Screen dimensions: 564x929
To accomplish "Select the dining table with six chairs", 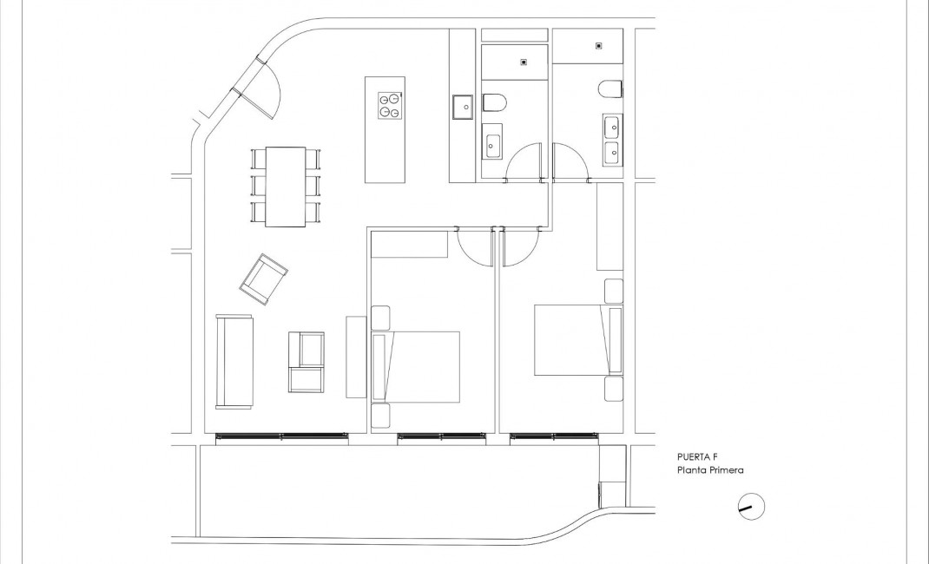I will click(286, 187).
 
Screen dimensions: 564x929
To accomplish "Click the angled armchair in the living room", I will click(264, 279).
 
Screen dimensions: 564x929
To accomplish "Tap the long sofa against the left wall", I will click(234, 361).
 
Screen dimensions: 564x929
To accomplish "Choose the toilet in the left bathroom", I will click(494, 104).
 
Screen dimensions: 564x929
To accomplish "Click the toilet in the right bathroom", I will click(610, 89).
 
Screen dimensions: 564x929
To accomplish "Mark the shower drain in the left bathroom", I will click(524, 62).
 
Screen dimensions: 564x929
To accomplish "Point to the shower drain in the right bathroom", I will click(598, 45).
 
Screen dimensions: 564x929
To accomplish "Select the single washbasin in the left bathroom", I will click(494, 144).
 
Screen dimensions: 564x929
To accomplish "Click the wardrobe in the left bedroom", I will click(409, 246).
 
